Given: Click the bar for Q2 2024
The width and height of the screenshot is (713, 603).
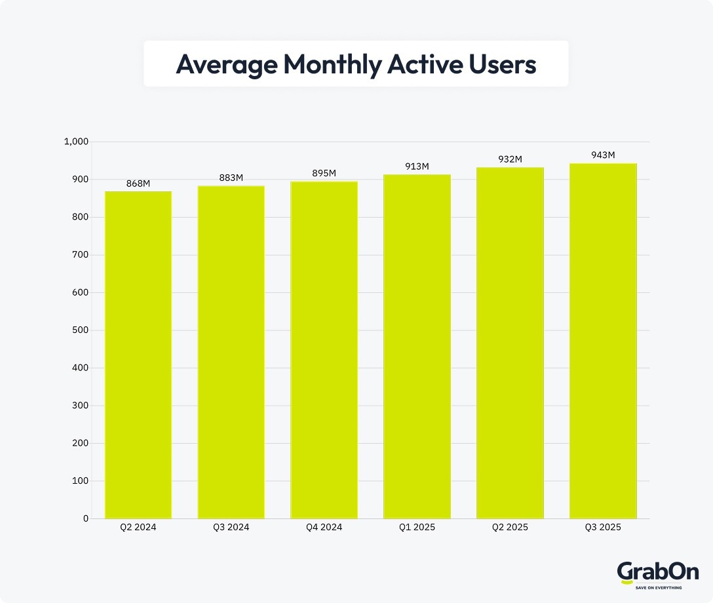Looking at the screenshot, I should [138, 355].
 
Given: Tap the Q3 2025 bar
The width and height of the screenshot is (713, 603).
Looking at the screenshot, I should [603, 341].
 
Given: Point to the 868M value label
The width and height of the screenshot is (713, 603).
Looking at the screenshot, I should [138, 184].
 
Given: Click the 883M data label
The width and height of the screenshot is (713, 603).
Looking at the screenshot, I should [231, 178].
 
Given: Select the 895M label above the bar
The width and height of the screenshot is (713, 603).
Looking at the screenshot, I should [324, 173].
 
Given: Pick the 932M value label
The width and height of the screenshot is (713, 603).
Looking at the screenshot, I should [510, 159].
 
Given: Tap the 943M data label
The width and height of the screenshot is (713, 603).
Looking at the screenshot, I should [603, 155].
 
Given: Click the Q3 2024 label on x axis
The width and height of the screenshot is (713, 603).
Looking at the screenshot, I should [231, 528].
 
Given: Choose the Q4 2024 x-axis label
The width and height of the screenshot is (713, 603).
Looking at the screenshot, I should [324, 528].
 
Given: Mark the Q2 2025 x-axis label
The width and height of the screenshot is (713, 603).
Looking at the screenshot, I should [510, 528].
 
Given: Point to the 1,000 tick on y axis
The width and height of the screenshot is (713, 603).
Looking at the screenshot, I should [76, 142].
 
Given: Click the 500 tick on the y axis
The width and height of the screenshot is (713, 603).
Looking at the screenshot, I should [80, 330].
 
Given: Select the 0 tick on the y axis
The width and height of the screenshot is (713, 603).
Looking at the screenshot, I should [85, 519].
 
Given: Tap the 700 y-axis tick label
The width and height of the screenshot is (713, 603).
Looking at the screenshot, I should [80, 255].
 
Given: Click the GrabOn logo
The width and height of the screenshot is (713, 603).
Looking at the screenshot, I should [649, 572].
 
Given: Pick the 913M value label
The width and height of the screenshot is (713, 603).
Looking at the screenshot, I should [417, 166].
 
